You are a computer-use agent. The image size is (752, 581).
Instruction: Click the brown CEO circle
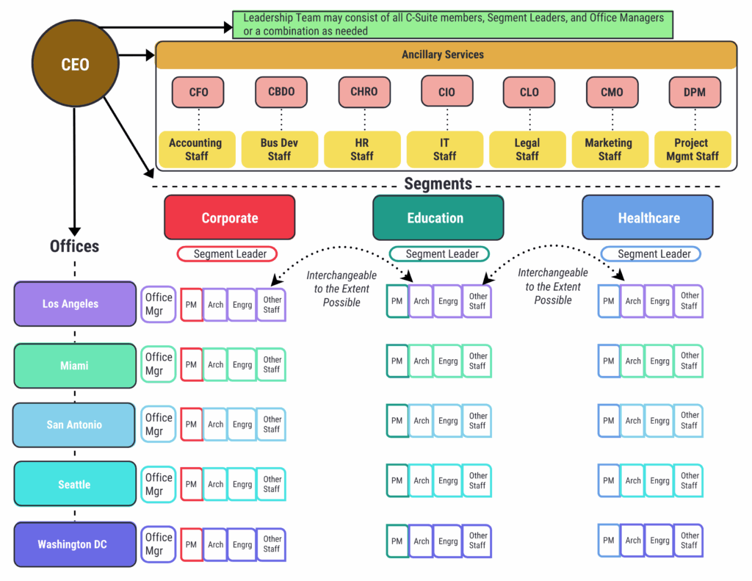click(x=75, y=65)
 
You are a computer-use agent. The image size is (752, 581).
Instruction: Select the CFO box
click(x=198, y=92)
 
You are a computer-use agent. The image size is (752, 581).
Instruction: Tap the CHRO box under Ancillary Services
click(x=364, y=92)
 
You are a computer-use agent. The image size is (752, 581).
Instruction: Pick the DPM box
click(x=695, y=92)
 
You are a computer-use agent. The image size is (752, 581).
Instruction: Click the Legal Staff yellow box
click(x=527, y=149)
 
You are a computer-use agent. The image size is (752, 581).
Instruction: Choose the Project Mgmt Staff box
click(x=692, y=149)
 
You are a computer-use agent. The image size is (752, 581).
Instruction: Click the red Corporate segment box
click(x=230, y=217)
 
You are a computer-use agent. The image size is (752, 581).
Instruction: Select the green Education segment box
click(x=438, y=217)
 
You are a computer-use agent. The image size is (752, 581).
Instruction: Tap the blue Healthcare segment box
click(x=648, y=217)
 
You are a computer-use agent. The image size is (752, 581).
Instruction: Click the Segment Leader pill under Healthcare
click(x=651, y=254)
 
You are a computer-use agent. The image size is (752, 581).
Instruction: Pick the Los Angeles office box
click(x=75, y=303)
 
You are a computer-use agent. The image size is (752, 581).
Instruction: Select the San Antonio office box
click(x=74, y=425)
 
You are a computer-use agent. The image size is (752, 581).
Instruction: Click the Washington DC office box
click(x=74, y=544)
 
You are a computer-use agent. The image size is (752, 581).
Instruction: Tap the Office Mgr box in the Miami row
click(x=159, y=364)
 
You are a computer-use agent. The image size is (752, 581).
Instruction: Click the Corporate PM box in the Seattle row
click(x=191, y=484)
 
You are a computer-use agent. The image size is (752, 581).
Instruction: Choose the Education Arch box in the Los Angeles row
click(x=422, y=301)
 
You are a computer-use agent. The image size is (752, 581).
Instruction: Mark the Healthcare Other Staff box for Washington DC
click(x=689, y=541)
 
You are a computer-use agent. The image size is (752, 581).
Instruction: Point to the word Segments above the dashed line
click(x=438, y=184)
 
